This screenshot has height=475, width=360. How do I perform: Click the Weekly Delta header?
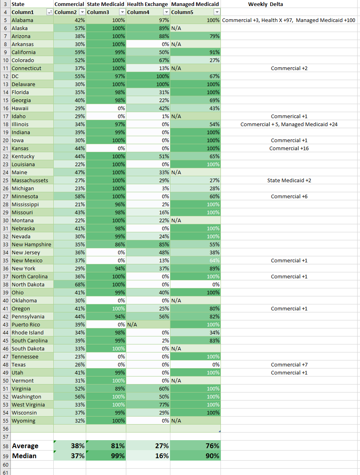265,4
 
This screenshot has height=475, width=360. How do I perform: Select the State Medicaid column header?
106,4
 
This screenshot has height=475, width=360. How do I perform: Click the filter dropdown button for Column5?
217,12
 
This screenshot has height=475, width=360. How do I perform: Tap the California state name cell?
24,52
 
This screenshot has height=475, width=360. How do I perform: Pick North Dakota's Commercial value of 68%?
70,284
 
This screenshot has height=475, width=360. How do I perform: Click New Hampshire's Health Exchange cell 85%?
148,244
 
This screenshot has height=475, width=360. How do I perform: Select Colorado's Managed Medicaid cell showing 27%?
196,60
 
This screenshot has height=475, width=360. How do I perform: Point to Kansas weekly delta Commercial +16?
289,148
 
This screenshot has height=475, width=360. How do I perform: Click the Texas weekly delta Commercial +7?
289,364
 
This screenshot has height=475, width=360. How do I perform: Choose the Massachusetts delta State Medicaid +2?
289,180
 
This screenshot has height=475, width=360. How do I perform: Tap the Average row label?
25,446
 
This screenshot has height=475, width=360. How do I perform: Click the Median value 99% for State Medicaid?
106,456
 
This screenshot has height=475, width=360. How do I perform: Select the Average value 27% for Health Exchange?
148,446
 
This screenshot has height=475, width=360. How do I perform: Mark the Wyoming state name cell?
24,421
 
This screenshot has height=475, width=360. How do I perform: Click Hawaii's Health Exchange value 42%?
148,108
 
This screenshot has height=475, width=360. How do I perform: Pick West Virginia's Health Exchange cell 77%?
148,405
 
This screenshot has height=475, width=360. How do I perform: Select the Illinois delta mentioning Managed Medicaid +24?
289,124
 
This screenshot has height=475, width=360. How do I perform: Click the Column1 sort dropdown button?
50,12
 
